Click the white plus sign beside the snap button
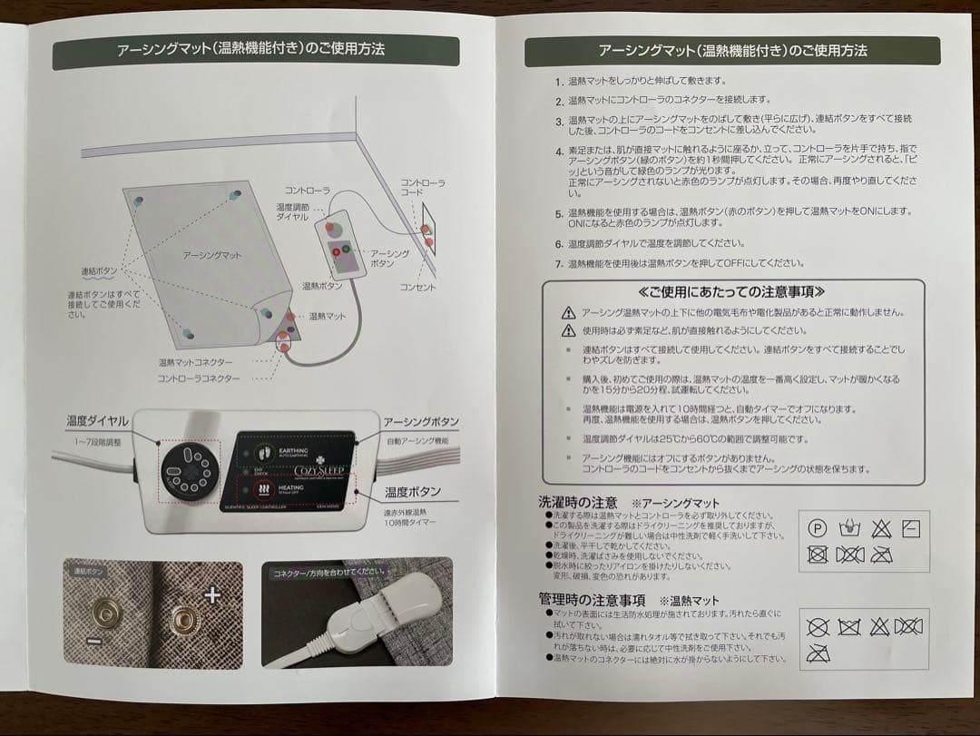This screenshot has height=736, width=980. point(213,596)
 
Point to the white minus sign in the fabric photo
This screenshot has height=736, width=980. point(93,641)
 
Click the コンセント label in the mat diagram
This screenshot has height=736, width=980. point(418,287)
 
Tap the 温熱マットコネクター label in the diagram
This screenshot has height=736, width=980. point(196,362)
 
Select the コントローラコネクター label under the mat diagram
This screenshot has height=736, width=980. point(199,378)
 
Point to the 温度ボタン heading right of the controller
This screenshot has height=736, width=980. point(412,492)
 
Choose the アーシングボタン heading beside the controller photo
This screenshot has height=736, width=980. point(420,423)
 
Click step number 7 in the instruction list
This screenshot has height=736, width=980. point(560,264)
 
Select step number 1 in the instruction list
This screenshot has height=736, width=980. point(560,82)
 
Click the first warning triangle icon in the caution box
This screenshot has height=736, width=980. point(569,312)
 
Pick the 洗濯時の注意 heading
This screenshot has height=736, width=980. point(578,502)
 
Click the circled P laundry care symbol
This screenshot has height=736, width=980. point(818,527)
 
